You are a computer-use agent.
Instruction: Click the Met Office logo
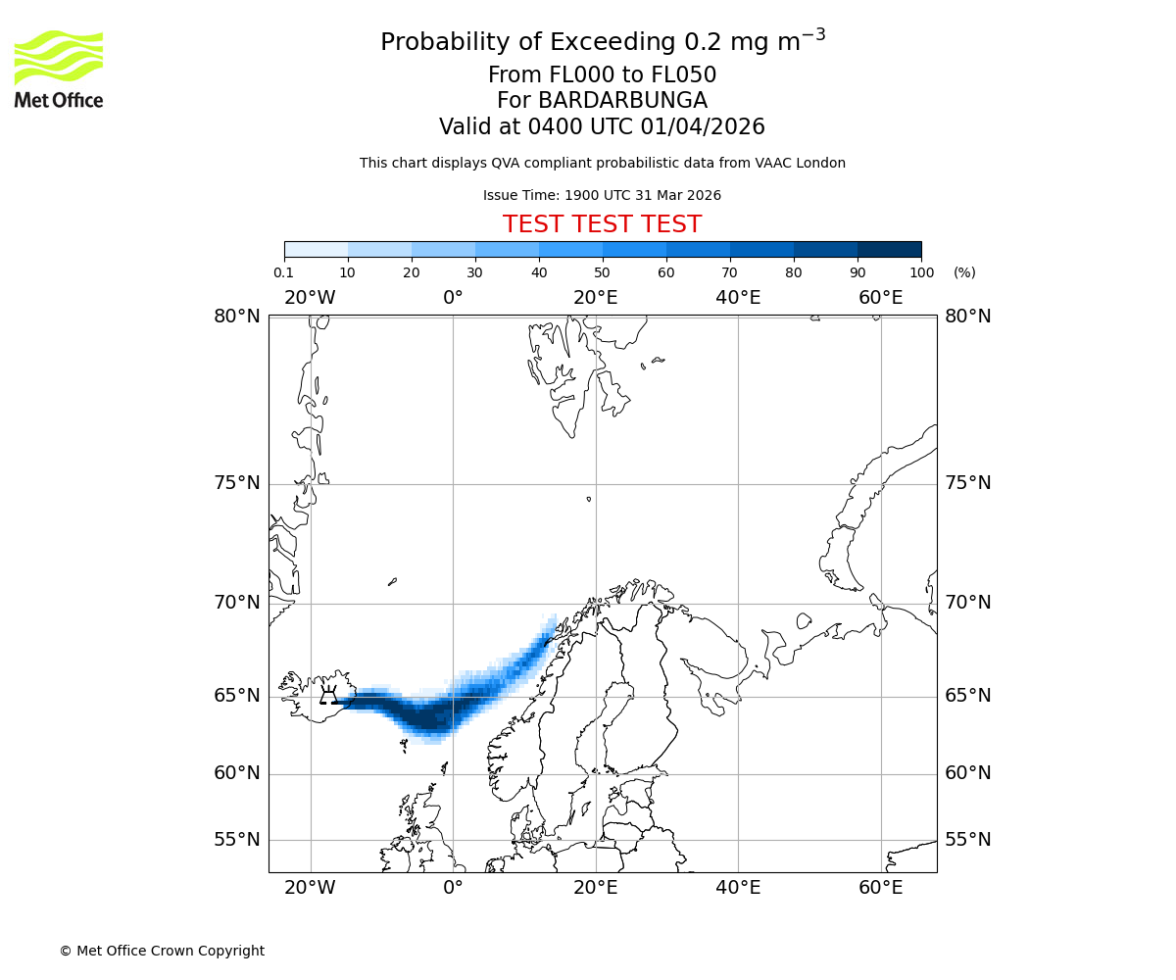click(59, 69)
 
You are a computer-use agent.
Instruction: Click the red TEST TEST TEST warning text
click(602, 225)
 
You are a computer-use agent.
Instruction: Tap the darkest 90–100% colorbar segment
click(889, 250)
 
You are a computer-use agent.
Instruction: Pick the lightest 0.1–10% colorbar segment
click(316, 250)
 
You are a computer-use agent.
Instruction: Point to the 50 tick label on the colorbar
click(603, 272)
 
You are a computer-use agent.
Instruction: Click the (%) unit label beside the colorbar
click(964, 272)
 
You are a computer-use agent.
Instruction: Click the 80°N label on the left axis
click(237, 317)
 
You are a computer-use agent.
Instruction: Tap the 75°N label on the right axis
click(968, 483)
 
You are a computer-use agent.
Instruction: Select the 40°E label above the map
click(738, 298)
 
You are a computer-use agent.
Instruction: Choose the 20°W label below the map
click(310, 889)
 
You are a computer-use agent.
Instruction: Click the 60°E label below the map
click(880, 889)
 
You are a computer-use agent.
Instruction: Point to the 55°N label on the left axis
click(237, 840)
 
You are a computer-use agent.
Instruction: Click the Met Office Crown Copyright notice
click(162, 951)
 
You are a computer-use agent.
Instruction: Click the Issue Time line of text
click(602, 196)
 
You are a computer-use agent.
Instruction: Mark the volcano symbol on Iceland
click(329, 697)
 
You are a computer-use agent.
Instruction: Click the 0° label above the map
click(453, 298)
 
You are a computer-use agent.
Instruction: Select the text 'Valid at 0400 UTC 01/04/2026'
click(602, 127)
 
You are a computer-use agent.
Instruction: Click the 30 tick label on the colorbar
click(475, 272)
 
